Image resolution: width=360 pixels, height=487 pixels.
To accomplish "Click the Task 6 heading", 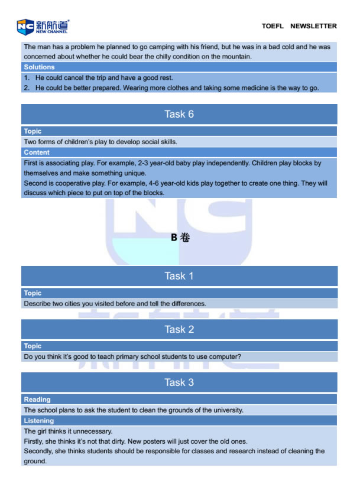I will pyautogui.click(x=179, y=114).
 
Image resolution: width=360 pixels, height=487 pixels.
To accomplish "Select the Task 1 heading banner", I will pyautogui.click(x=179, y=276).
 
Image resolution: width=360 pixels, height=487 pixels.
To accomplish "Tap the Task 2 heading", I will pyautogui.click(x=179, y=329).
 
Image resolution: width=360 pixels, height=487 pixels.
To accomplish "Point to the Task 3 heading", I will pyautogui.click(x=179, y=382).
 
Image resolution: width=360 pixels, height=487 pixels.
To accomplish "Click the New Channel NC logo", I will pyautogui.click(x=43, y=26).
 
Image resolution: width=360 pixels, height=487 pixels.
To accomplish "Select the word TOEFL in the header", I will pyautogui.click(x=273, y=26).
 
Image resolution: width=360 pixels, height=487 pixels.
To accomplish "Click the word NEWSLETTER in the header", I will pyautogui.click(x=313, y=26).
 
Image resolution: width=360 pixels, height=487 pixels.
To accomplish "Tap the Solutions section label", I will pyautogui.click(x=39, y=67).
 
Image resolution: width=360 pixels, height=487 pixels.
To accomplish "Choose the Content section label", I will pyautogui.click(x=37, y=152).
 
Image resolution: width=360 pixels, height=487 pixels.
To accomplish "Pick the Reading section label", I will pyautogui.click(x=37, y=400).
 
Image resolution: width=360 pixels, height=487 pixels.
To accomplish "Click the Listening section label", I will pyautogui.click(x=39, y=420).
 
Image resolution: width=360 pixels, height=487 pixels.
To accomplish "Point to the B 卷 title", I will pyautogui.click(x=180, y=238).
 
